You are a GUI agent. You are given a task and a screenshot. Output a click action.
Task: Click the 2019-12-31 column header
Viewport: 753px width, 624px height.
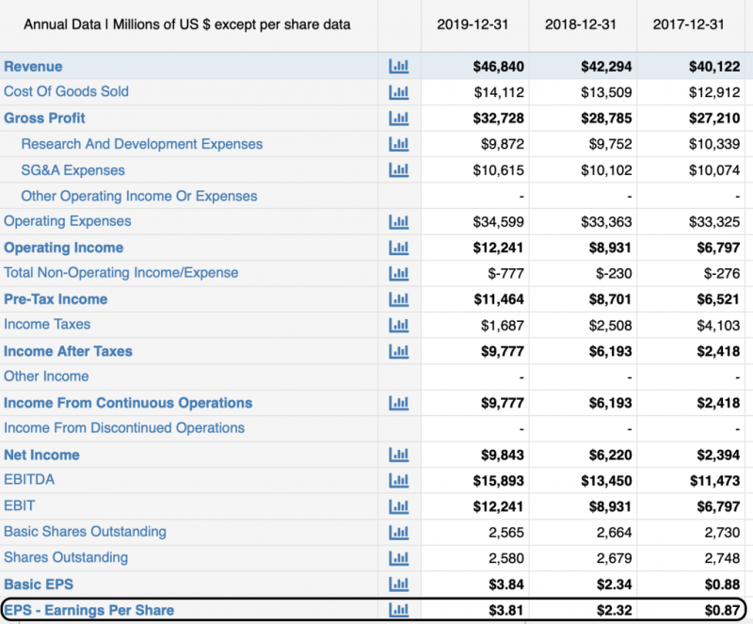473,24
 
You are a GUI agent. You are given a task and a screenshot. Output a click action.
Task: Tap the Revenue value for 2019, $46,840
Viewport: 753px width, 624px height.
498,67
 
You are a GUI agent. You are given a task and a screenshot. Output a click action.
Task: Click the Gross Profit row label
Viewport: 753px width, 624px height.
44,118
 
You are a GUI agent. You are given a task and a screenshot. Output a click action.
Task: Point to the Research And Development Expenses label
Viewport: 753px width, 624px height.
141,144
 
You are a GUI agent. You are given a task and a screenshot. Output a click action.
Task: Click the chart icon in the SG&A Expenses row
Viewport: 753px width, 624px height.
399,170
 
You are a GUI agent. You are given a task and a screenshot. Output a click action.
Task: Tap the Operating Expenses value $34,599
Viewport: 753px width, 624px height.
498,222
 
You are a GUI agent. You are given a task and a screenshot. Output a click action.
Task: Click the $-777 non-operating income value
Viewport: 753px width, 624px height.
505,273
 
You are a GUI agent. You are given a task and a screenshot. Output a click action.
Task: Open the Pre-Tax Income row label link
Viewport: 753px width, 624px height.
56,299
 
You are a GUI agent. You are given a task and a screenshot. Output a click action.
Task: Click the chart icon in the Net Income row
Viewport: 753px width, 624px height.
399,455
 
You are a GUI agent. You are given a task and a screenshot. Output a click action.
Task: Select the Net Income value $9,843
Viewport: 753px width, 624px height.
502,455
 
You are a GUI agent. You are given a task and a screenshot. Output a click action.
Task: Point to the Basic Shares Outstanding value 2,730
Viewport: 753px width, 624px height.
722,532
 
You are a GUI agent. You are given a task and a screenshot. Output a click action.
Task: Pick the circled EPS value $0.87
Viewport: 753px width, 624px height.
723,610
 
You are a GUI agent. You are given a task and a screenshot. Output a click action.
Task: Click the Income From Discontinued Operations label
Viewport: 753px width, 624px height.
124,428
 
